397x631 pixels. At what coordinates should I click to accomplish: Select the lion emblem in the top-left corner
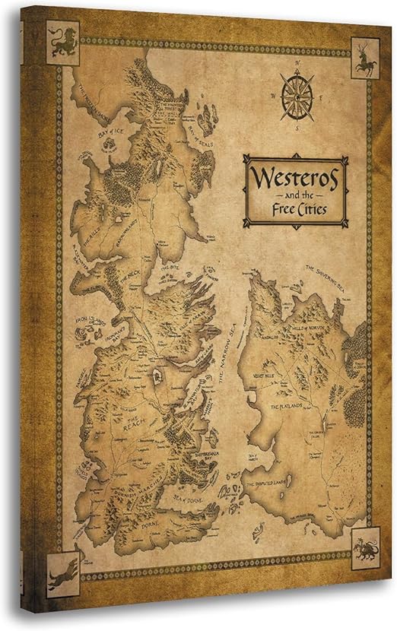(x=59, y=43)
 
